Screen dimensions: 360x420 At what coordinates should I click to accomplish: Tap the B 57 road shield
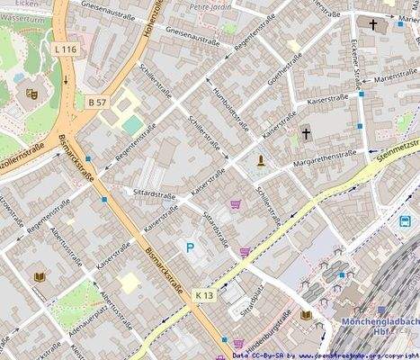pyautogui.click(x=98, y=103)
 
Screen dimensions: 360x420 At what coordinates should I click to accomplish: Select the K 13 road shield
pyautogui.click(x=204, y=294)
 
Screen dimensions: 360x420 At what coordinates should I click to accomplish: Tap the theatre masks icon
pyautogui.click(x=32, y=91)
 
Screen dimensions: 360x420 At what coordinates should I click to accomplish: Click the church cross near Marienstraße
pyautogui.click(x=373, y=24)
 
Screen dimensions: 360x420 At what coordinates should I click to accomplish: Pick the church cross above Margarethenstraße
pyautogui.click(x=306, y=133)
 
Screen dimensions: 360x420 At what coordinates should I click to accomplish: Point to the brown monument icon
pyautogui.click(x=261, y=161)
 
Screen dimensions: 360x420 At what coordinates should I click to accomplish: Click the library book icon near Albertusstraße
pyautogui.click(x=39, y=276)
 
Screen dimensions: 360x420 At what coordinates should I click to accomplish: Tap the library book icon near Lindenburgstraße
pyautogui.click(x=306, y=315)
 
